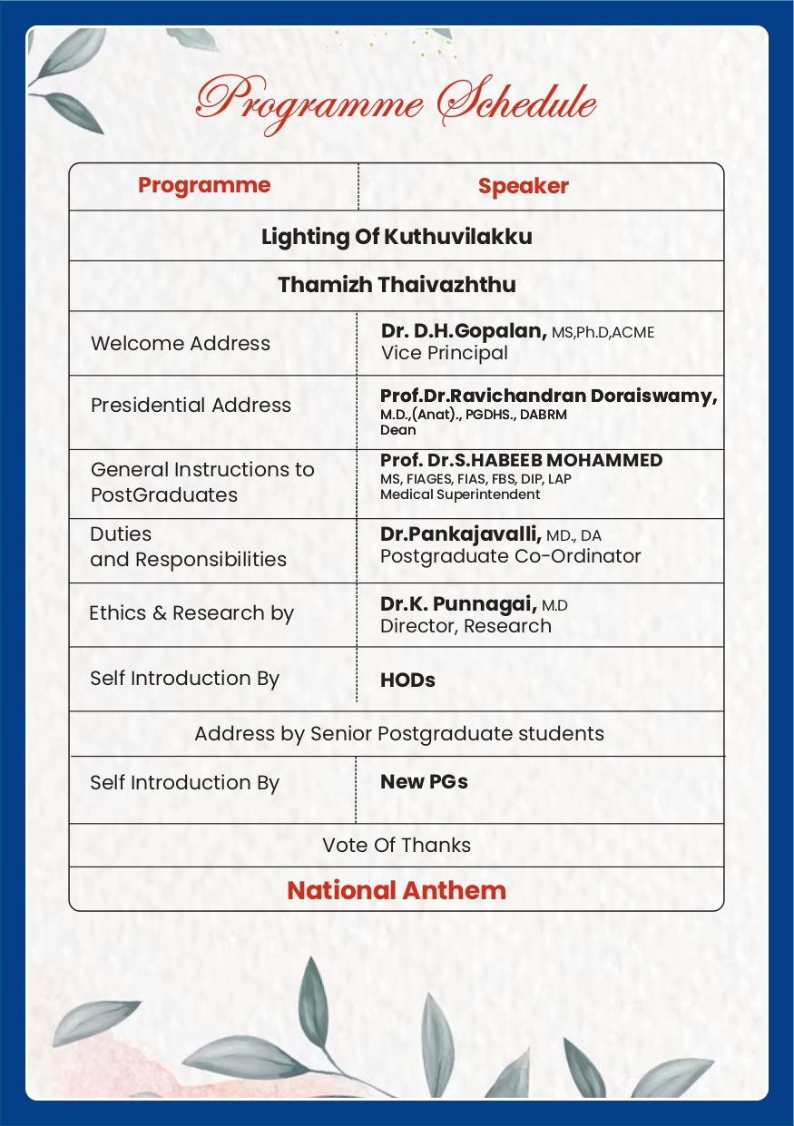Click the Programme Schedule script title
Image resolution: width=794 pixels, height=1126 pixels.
(x=397, y=102)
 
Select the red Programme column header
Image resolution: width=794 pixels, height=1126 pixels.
(x=204, y=185)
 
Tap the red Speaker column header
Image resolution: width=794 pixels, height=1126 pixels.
(x=524, y=186)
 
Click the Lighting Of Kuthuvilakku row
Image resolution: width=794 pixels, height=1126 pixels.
(x=397, y=237)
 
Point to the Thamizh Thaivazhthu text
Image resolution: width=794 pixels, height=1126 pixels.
(x=397, y=285)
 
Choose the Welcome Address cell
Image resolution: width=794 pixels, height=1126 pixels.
(x=181, y=344)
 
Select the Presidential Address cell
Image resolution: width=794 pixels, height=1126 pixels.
(x=191, y=406)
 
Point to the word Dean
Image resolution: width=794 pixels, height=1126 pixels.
(x=397, y=430)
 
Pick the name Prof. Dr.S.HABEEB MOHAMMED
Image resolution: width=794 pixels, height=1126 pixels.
(x=521, y=460)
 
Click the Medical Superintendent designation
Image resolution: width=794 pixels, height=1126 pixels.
(x=460, y=494)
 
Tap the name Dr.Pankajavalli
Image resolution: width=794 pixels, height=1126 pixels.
(x=460, y=535)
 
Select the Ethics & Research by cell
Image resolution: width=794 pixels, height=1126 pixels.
(x=191, y=613)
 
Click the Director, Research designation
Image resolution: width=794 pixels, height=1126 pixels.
(x=466, y=626)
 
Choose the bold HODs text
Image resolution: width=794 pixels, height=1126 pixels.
(x=407, y=680)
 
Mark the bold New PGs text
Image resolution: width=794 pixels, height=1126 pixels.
(x=424, y=781)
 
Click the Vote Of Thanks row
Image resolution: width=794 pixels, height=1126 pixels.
(x=397, y=845)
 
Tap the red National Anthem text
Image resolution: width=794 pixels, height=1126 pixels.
(x=397, y=890)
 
